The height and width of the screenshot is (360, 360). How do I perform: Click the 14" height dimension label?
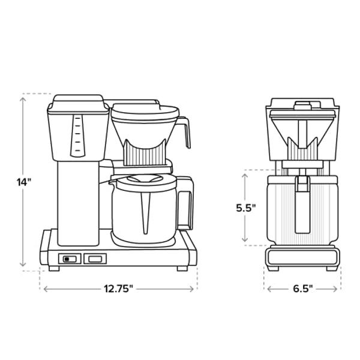click(x=23, y=182)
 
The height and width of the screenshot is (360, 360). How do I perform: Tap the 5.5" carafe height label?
click(x=245, y=207)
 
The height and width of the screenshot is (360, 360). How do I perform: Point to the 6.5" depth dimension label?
click(x=303, y=289)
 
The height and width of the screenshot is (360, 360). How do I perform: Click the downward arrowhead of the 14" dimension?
click(x=23, y=265)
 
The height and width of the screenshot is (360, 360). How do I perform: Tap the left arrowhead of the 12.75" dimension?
click(x=44, y=289)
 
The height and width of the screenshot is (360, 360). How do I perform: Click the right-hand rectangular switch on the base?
click(x=95, y=259)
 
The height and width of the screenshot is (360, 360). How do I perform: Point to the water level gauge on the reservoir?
click(x=76, y=136)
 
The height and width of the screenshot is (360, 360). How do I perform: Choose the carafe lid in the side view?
click(x=144, y=179)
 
